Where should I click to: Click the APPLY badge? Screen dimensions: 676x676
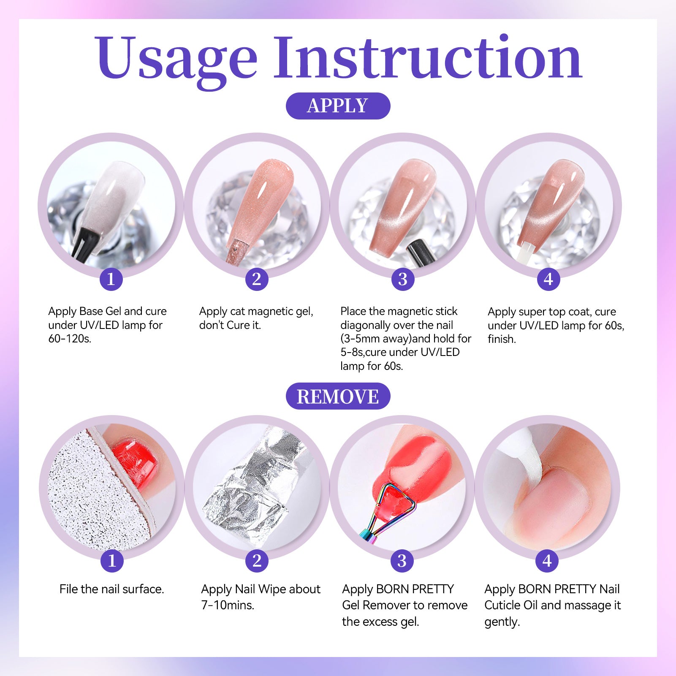(x=338, y=106)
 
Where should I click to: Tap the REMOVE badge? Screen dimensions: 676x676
(x=338, y=396)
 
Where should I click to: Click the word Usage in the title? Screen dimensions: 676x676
(x=176, y=59)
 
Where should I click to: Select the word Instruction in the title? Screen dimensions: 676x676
(x=428, y=57)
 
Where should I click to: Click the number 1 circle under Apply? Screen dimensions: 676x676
(x=111, y=279)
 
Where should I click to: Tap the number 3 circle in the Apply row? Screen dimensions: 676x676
(x=402, y=279)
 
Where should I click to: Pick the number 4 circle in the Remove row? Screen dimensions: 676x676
(x=547, y=561)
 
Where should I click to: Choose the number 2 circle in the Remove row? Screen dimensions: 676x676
(x=257, y=561)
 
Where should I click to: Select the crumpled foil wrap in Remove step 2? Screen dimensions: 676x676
(x=258, y=486)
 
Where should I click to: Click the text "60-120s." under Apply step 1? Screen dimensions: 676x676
(x=70, y=339)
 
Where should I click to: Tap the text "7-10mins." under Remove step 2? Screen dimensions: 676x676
(x=228, y=605)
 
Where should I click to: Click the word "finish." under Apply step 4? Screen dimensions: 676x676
(x=502, y=339)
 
